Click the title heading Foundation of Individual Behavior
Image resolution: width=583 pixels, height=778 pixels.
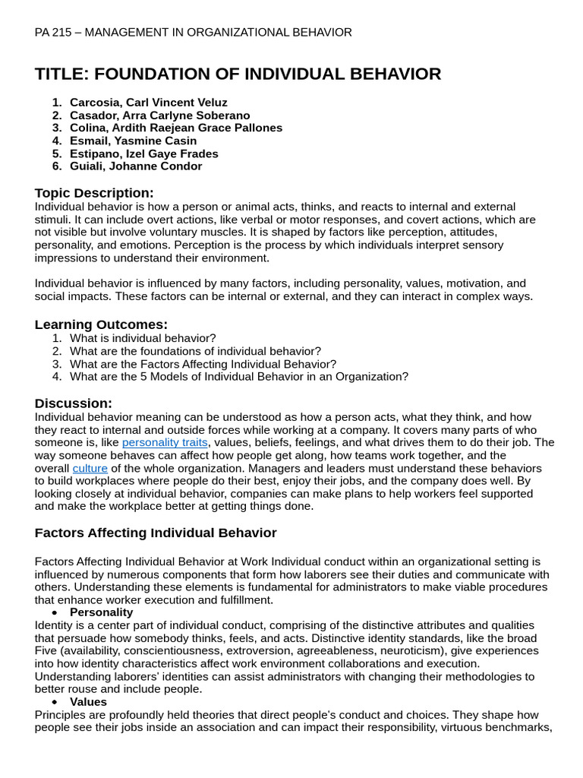pyautogui.click(x=238, y=74)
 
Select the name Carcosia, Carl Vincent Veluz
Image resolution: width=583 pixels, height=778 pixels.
pyautogui.click(x=148, y=102)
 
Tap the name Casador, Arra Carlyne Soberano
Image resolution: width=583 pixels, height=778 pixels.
pyautogui.click(x=159, y=115)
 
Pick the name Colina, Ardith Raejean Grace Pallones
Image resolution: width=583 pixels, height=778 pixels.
pyautogui.click(x=175, y=128)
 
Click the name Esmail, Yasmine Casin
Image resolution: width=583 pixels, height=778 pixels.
pyautogui.click(x=133, y=141)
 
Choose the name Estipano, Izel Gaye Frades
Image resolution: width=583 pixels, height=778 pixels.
pyautogui.click(x=143, y=153)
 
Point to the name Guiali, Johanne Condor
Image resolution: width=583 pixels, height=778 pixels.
pyautogui.click(x=136, y=166)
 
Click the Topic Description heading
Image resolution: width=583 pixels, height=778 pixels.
pyautogui.click(x=94, y=192)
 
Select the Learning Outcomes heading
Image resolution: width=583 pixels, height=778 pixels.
pyautogui.click(x=101, y=324)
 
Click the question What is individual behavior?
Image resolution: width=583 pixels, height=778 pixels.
pyautogui.click(x=143, y=338)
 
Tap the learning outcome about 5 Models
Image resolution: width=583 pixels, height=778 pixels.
pyautogui.click(x=238, y=377)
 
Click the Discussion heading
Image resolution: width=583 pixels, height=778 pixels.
pyautogui.click(x=73, y=403)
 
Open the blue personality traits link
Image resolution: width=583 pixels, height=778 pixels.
pyautogui.click(x=165, y=442)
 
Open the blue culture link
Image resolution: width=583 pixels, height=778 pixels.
pyautogui.click(x=90, y=468)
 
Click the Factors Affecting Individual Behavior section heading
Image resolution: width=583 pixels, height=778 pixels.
pyautogui.click(x=156, y=533)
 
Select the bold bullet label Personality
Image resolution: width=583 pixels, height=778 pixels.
pyautogui.click(x=101, y=612)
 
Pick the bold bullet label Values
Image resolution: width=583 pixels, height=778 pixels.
pyautogui.click(x=88, y=702)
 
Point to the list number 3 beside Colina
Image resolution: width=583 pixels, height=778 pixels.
pyautogui.click(x=57, y=128)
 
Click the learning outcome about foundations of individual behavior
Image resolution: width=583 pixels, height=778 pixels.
pyautogui.click(x=195, y=351)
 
